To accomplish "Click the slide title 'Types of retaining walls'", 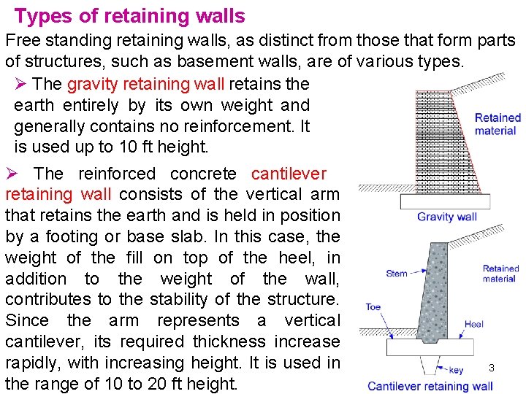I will pyautogui.click(x=129, y=15).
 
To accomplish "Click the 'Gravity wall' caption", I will pyautogui.click(x=447, y=217).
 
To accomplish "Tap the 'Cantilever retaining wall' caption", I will pyautogui.click(x=430, y=386).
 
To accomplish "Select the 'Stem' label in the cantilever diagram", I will pyautogui.click(x=396, y=274).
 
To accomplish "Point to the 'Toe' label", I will pyautogui.click(x=373, y=307).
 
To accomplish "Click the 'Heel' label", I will pyautogui.click(x=473, y=324).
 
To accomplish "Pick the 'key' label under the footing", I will pyautogui.click(x=456, y=370).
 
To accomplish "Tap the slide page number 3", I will pyautogui.click(x=492, y=368).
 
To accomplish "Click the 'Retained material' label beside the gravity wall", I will pyautogui.click(x=498, y=124).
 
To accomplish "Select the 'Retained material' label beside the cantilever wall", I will pyautogui.click(x=500, y=274).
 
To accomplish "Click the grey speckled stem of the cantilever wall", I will pyautogui.click(x=435, y=292).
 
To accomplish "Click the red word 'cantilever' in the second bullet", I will pyautogui.click(x=289, y=174).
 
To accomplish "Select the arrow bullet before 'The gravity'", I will pyautogui.click(x=20, y=84).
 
